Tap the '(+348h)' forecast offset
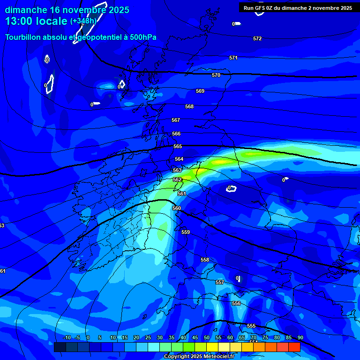[83, 21]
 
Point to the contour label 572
[257, 38]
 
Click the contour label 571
[233, 58]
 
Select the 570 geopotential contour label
[216, 75]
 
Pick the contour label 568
[189, 106]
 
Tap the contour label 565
[178, 146]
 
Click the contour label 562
[177, 180]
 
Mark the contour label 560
[177, 208]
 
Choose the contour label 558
[205, 260]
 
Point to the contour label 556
[236, 303]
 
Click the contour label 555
[251, 326]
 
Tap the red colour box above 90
[294, 347]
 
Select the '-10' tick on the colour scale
[67, 338]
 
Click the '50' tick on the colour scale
[207, 338]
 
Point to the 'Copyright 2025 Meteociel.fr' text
[199, 356]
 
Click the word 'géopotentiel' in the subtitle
[101, 37]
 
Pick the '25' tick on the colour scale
[148, 338]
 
